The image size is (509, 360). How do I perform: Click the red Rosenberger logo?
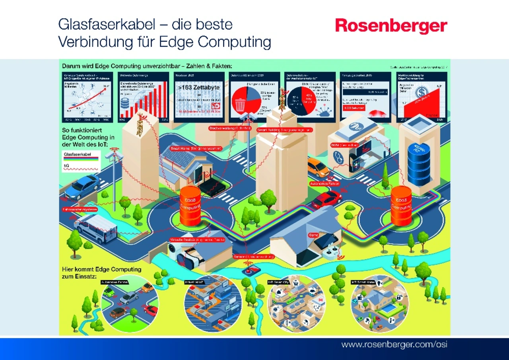[x=391, y=26]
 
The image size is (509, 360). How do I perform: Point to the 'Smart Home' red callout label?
[x=196, y=149]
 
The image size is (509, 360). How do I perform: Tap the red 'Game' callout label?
[x=313, y=235]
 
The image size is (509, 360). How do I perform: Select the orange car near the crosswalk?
[x=318, y=167]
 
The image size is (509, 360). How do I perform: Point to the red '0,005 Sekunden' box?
[x=351, y=107]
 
